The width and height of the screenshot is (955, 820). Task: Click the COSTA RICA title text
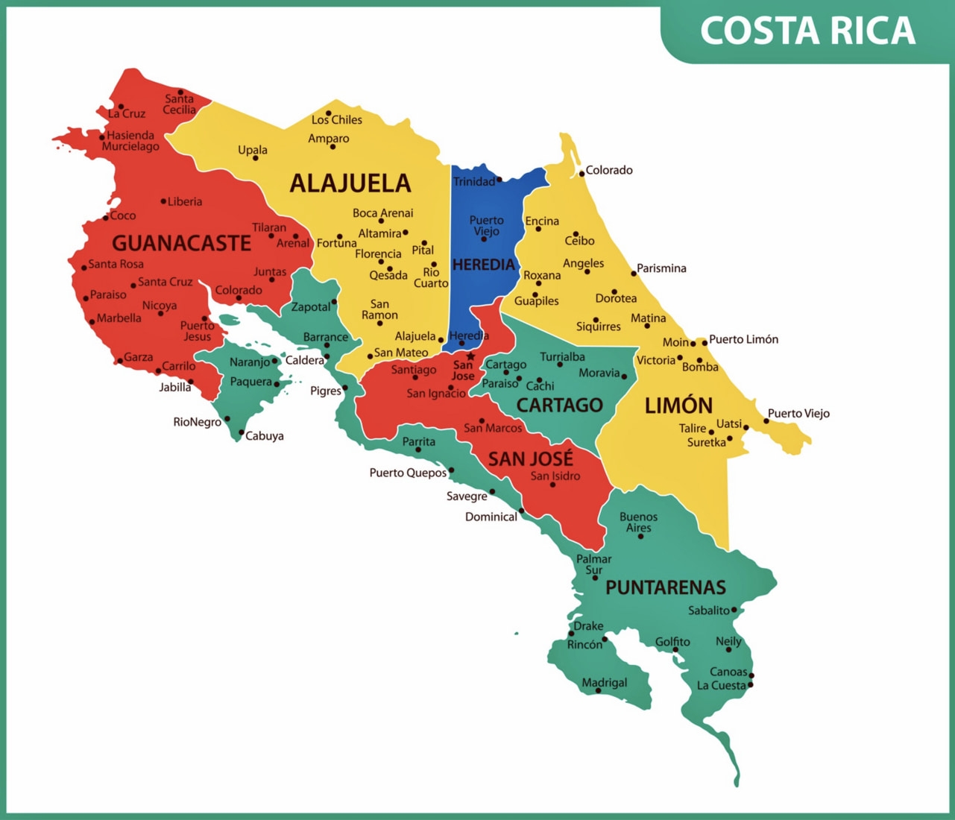(x=807, y=31)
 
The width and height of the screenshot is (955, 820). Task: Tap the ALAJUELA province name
(x=350, y=183)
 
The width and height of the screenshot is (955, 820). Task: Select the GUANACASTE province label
(x=181, y=243)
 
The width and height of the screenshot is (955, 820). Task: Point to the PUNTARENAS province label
(x=665, y=587)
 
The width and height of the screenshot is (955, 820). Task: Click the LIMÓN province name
(x=678, y=406)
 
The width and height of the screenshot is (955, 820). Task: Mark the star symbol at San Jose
(x=470, y=356)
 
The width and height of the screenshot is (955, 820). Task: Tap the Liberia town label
(x=184, y=201)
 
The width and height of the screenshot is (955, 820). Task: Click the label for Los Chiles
(x=337, y=119)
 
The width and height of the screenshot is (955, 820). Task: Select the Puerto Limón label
(x=743, y=339)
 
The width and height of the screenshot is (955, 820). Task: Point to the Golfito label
(x=672, y=642)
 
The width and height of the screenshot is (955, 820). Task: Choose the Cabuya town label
(x=264, y=436)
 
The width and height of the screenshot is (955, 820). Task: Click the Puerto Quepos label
(x=408, y=473)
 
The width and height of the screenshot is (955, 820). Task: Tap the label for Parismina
(x=661, y=268)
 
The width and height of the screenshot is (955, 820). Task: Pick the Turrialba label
(x=562, y=357)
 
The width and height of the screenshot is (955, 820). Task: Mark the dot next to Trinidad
(x=499, y=180)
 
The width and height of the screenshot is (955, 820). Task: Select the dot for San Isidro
(x=552, y=485)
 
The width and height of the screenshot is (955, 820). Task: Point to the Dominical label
(x=491, y=517)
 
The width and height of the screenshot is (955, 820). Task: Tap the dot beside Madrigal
(x=598, y=691)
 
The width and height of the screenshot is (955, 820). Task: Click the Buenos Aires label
(x=639, y=522)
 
